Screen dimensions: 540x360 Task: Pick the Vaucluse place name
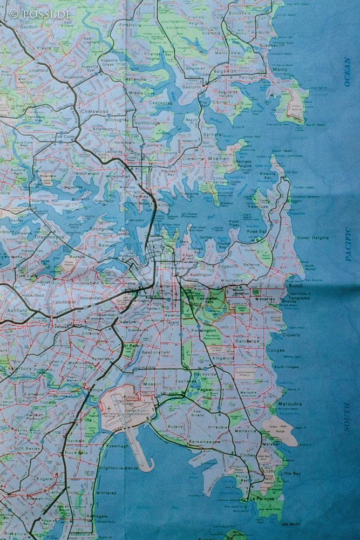pos(259,206)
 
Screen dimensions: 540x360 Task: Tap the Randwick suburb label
pos(247,341)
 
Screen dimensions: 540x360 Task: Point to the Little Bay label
pos(291,474)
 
